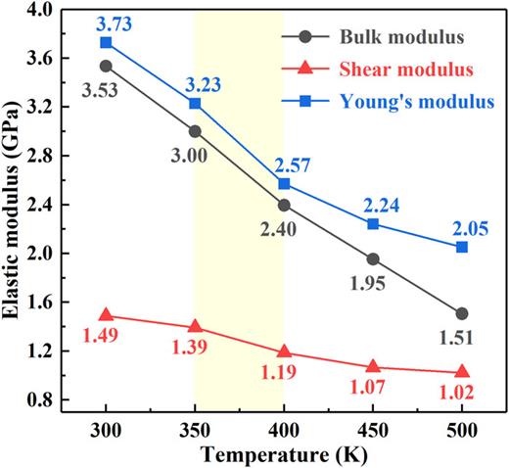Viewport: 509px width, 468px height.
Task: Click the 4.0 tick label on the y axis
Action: tap(43, 9)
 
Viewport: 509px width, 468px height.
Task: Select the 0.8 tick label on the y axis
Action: tap(43, 399)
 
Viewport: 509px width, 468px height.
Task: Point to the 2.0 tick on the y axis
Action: tap(43, 253)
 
